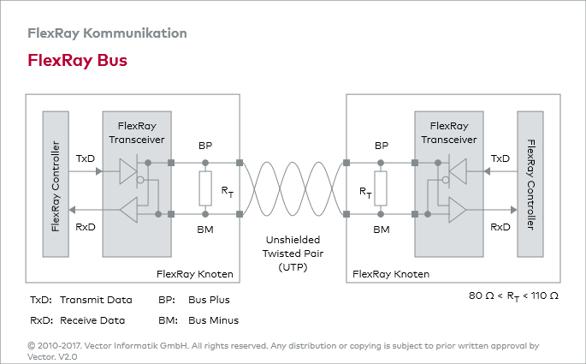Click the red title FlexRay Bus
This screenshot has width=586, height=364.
tap(78, 61)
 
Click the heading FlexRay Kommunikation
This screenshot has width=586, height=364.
tap(107, 33)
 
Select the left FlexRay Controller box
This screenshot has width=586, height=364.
tap(56, 184)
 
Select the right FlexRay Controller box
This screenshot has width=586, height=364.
tap(530, 184)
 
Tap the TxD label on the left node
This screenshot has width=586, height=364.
tap(85, 158)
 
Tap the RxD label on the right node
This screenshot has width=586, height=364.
tap(500, 227)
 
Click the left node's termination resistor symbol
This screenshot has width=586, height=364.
tap(204, 188)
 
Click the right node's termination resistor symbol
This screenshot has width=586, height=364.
tap(382, 188)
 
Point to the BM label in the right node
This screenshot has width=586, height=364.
tap(382, 230)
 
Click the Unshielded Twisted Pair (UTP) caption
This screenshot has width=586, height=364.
tap(293, 254)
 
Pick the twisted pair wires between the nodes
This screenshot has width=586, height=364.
tap(293, 188)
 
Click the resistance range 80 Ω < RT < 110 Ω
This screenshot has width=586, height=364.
tap(513, 295)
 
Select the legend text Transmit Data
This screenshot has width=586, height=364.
tap(96, 300)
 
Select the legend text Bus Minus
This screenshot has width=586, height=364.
tap(213, 320)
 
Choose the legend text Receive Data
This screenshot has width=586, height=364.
tap(92, 320)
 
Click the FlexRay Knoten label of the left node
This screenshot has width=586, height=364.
tap(195, 274)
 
